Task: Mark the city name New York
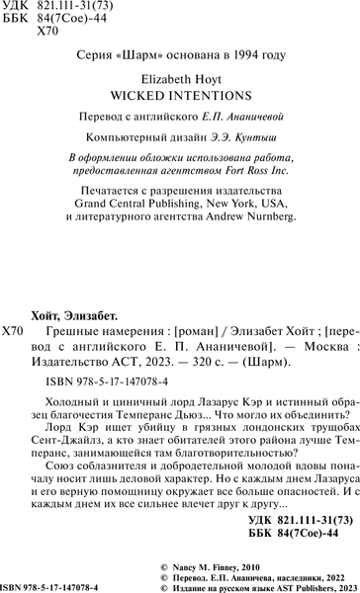pyautogui.click(x=272, y=204)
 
